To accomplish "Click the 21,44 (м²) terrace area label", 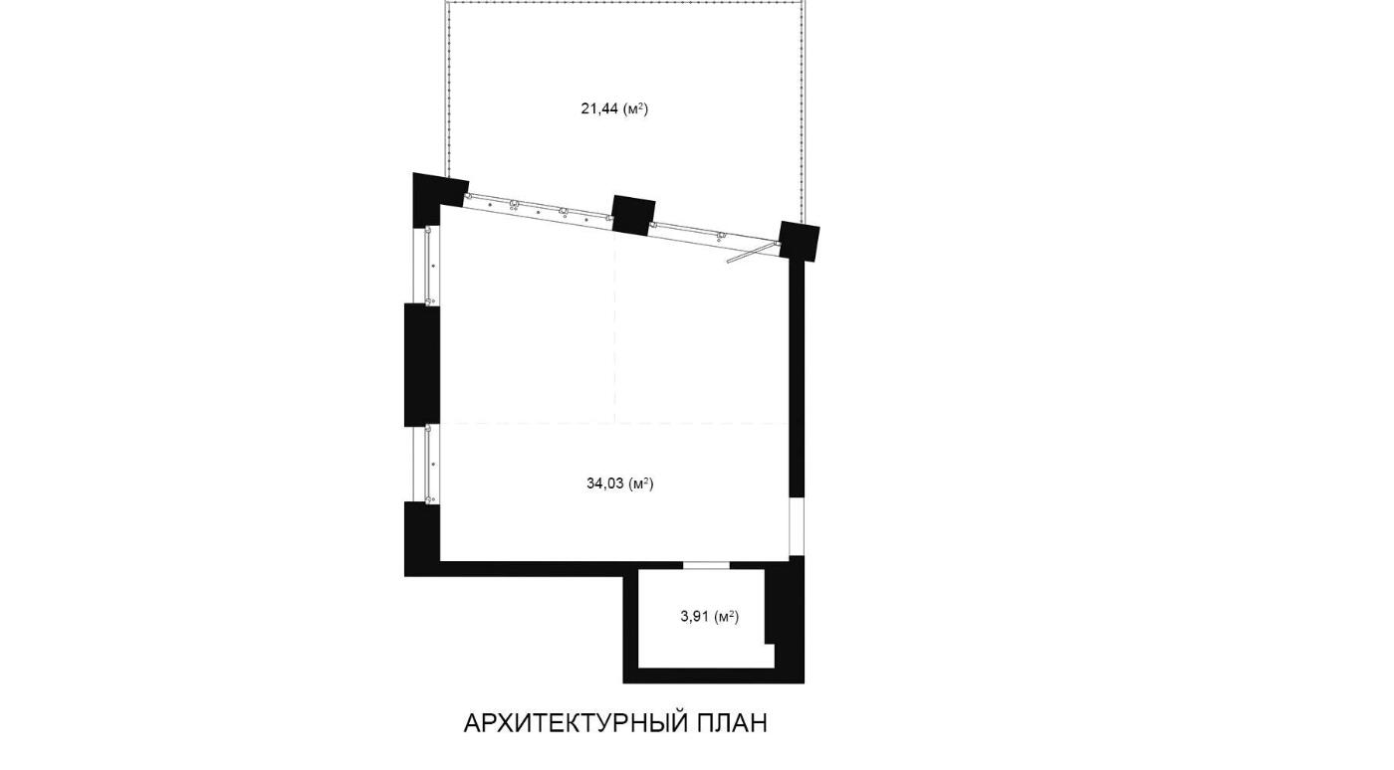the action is click(614, 108).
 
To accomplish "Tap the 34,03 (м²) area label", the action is click(619, 483).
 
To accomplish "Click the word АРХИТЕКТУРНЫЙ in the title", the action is click(576, 723).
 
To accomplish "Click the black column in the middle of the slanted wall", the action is click(633, 215).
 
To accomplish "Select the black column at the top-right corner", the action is click(799, 241).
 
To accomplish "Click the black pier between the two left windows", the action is click(422, 364).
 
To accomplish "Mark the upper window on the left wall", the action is click(427, 265).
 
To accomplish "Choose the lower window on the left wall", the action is click(427, 464).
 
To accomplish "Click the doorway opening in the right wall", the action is click(797, 526).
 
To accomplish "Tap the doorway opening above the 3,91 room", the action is click(706, 565).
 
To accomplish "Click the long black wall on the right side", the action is click(798, 379).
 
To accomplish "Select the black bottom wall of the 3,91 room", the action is click(714, 676).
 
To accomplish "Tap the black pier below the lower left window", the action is click(422, 538).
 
